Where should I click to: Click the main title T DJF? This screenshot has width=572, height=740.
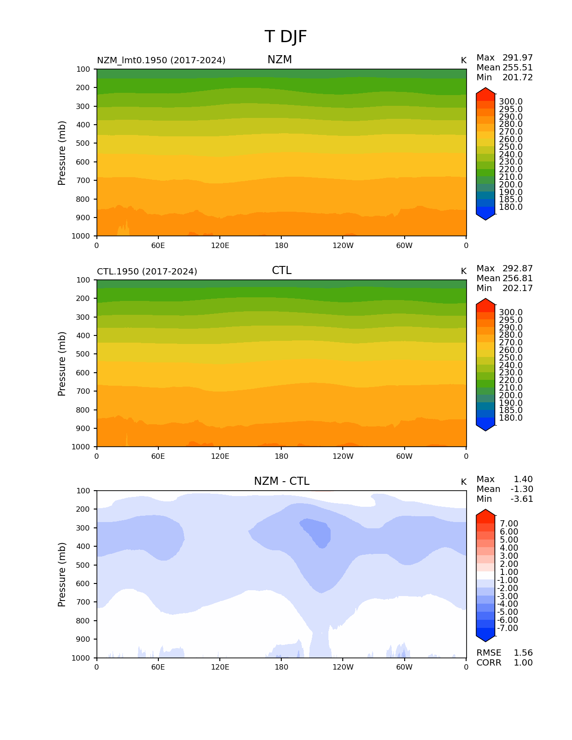[286, 37]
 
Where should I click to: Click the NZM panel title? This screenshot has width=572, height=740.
[279, 60]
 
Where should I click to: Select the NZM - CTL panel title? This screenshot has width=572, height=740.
[281, 481]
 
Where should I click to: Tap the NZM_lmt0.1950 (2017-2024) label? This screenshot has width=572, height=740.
[161, 60]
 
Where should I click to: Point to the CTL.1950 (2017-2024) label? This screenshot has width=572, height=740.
[147, 271]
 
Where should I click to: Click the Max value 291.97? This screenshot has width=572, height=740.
[517, 58]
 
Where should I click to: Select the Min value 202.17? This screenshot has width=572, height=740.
[517, 288]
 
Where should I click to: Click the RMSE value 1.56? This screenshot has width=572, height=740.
[523, 653]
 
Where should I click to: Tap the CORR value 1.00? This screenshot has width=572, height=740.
[523, 663]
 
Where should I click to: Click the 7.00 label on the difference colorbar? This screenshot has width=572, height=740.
[509, 524]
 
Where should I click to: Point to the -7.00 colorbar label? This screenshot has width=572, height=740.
[507, 628]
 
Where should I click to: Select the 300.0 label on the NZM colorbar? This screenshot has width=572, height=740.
[511, 102]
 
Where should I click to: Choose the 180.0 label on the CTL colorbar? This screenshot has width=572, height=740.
[511, 418]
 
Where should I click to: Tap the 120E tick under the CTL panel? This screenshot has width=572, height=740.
[220, 456]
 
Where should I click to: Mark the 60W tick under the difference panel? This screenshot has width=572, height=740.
[404, 667]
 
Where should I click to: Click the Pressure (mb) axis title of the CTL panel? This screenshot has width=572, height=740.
[62, 364]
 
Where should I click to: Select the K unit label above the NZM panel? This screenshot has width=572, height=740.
[463, 61]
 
